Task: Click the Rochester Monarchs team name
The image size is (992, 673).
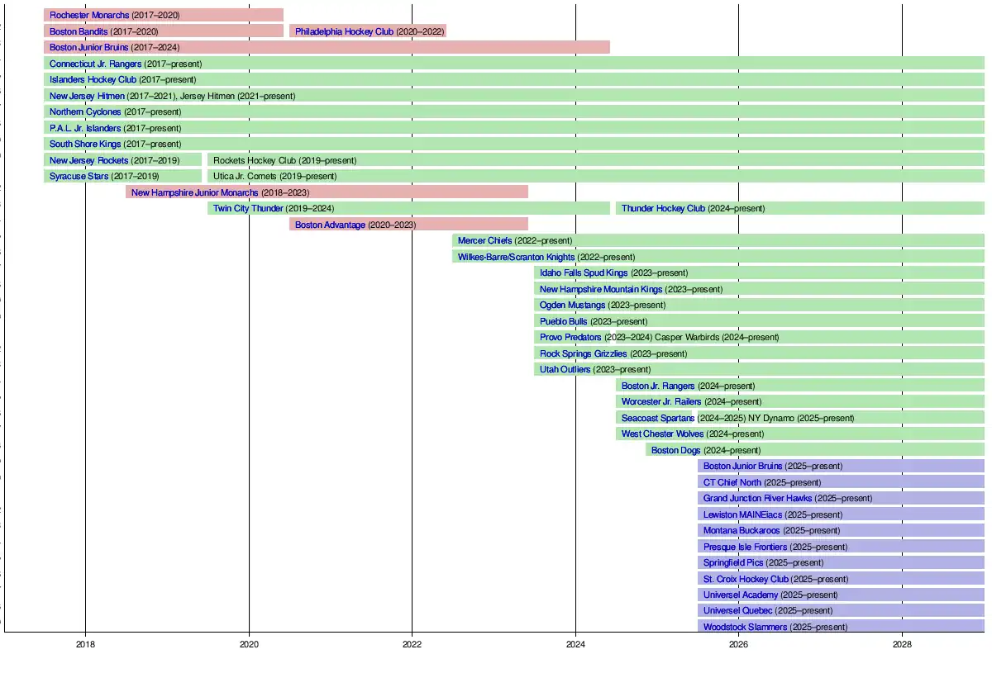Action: point(89,15)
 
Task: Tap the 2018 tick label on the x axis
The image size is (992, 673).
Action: point(85,644)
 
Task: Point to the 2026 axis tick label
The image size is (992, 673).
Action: point(738,644)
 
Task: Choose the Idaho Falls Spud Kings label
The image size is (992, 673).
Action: point(584,273)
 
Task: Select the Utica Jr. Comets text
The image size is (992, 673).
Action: point(245,176)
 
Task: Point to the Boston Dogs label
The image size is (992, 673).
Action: point(675,450)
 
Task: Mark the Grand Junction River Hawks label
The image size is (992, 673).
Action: point(757,498)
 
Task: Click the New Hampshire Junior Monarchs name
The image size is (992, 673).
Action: point(194,192)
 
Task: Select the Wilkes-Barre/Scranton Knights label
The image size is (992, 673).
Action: point(516,257)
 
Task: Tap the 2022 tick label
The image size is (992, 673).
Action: point(412,644)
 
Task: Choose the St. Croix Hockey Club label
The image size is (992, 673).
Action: point(746,579)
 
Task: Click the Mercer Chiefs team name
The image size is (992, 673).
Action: point(484,240)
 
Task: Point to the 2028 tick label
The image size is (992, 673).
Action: point(902,644)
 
